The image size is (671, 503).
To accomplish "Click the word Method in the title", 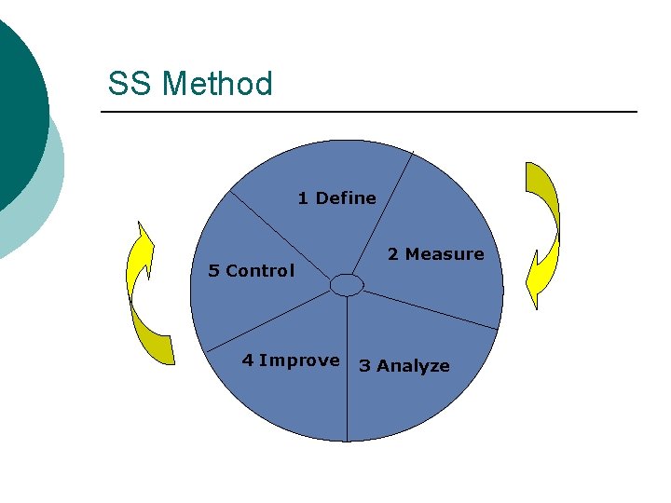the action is pos(217,84).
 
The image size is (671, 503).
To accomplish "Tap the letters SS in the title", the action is pos(130,84).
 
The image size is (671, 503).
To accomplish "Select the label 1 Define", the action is pos(336,197).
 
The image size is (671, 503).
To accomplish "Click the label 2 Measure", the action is pos(435,253).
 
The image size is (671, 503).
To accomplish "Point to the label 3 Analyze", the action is pos(404,366).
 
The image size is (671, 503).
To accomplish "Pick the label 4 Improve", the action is pos(291,360).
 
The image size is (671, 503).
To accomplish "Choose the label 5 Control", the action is pos(251,271).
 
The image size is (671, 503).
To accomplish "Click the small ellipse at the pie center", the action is pos(347,284).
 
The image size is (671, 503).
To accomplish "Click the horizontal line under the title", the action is pos(369,113).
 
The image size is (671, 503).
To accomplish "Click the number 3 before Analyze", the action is pos(364,366).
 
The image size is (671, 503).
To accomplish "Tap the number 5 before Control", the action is pos(213,271).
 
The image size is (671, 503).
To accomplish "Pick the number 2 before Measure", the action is pos(392,253).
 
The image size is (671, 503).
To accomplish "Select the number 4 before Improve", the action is pos(247,360).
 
